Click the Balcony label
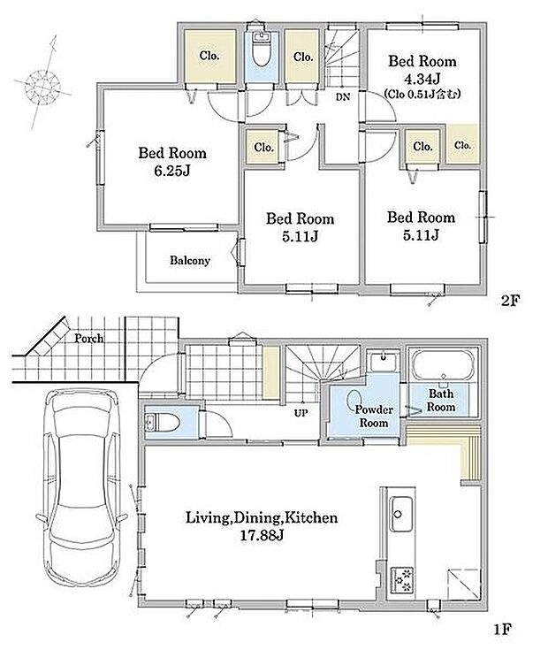pos(190,261)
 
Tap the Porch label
pos(88,338)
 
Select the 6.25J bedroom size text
pos(172,171)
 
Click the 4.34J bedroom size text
pos(422,78)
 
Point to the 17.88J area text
pos(262,536)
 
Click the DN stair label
pos(343,97)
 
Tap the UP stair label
pos(301,413)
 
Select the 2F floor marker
pos(510,300)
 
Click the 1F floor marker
pos(503,630)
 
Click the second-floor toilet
pos(261,49)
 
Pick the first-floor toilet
pos(163,423)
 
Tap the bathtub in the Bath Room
pos(443,364)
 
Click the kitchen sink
pos(401,514)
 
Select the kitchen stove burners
pos(402,579)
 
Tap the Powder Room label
pos(374,417)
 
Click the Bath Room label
pos(441,400)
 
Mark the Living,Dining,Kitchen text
pos(262,517)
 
